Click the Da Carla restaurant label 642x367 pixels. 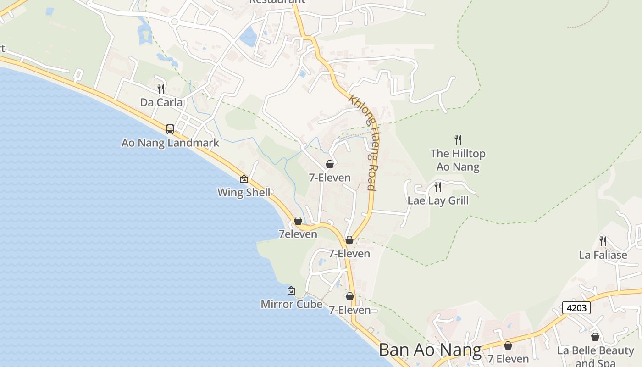tap(161, 102)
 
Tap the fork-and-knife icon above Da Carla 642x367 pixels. tap(161, 89)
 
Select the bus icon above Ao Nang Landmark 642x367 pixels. tap(170, 129)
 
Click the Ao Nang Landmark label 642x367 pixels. tap(170, 143)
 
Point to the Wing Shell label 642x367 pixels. tap(244, 192)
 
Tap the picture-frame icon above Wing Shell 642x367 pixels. tap(244, 179)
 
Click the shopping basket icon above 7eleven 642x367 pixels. tap(298, 221)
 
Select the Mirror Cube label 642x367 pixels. tap(291, 304)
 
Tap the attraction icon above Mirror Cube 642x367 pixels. tap(291, 290)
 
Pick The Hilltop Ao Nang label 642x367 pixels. tap(458, 160)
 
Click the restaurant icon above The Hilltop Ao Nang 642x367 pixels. tap(458, 139)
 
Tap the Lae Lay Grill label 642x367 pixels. tap(438, 200)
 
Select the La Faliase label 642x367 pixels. tap(603, 255)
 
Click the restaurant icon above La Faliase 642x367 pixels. tap(603, 241)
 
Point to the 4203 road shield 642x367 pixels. tap(576, 308)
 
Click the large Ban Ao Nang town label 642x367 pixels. tap(430, 350)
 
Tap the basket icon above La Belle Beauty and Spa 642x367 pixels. tap(595, 337)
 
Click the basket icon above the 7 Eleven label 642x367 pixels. tap(508, 345)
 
